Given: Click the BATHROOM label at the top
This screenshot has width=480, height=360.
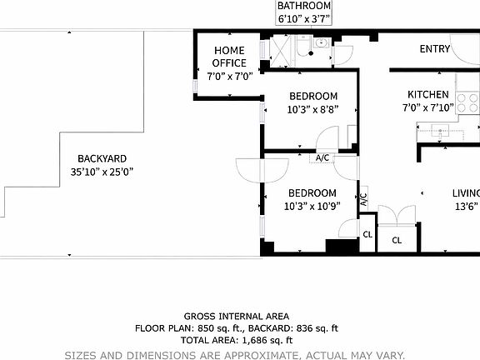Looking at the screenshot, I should pyautogui.click(x=304, y=6).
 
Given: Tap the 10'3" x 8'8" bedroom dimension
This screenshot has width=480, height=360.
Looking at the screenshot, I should pyautogui.click(x=312, y=109).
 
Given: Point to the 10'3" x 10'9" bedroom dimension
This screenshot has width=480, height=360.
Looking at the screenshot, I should pyautogui.click(x=312, y=207).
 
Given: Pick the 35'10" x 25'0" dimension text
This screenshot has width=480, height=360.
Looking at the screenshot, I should pyautogui.click(x=102, y=172).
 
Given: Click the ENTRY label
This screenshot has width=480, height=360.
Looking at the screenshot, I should pyautogui.click(x=434, y=49).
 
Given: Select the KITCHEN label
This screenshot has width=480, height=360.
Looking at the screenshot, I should pyautogui.click(x=427, y=95).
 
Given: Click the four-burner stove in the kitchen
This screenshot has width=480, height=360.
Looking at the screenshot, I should pyautogui.click(x=468, y=103).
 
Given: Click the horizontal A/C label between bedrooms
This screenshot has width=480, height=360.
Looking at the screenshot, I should pyautogui.click(x=322, y=157).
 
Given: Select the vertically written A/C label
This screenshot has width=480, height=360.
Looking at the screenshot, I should pyautogui.click(x=363, y=200).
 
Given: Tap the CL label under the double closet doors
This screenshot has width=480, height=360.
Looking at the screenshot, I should pyautogui.click(x=396, y=240).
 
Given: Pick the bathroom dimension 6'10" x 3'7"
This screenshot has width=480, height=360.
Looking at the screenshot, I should pyautogui.click(x=304, y=18).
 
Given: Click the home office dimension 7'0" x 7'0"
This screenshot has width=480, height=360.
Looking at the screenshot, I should pyautogui.click(x=229, y=75).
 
